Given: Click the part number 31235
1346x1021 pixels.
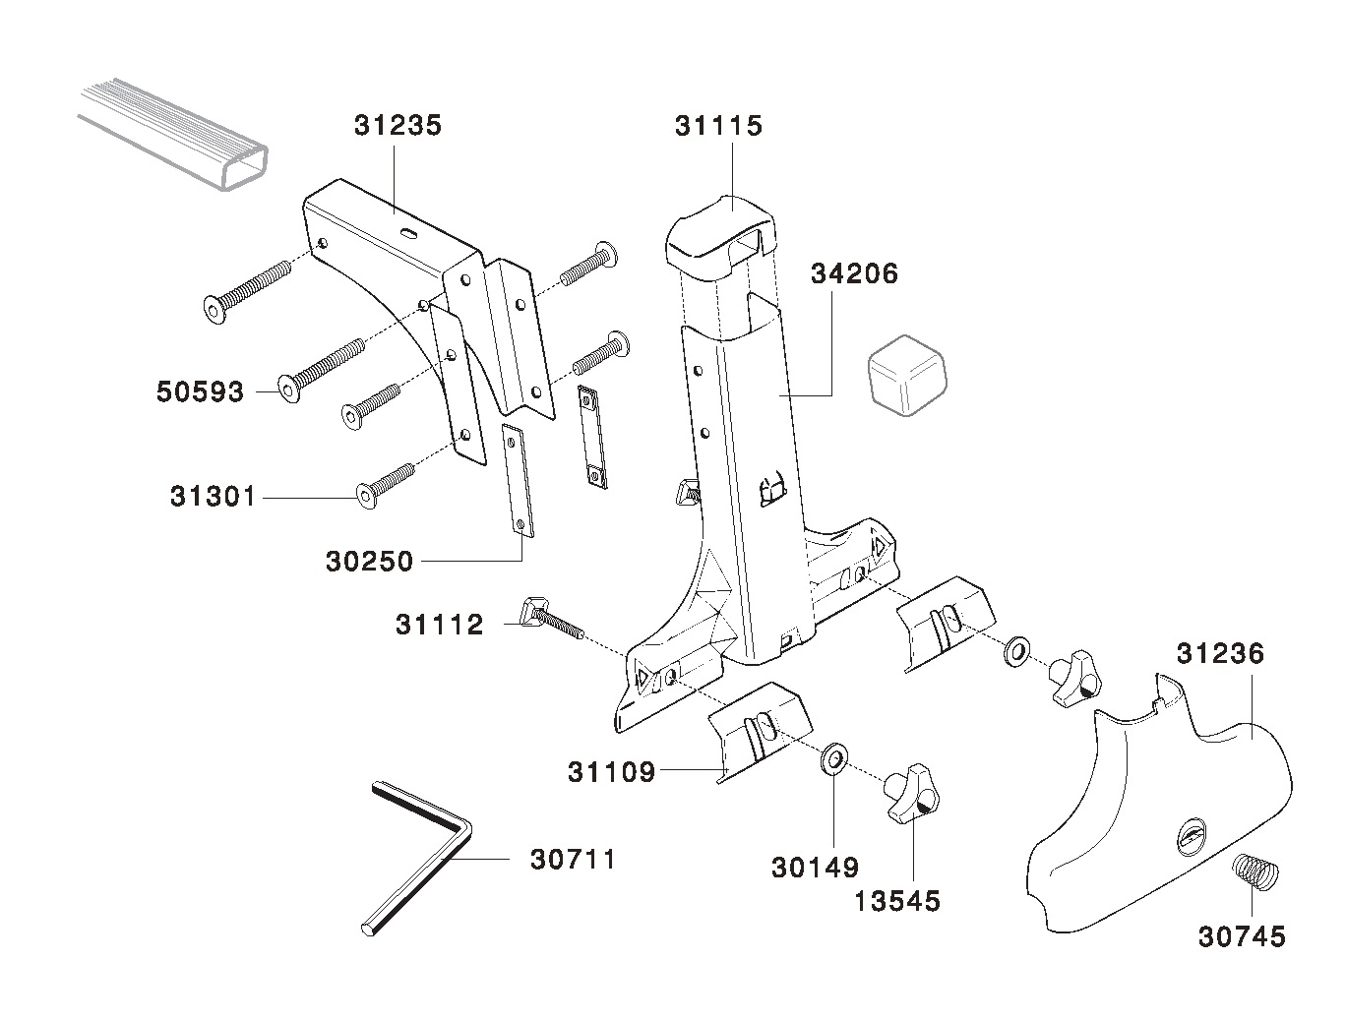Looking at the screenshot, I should coord(398,126).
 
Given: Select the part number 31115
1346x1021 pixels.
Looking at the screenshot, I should coord(718,126).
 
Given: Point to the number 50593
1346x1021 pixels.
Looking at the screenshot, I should coord(200,391).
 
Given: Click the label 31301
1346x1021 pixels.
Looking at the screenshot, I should coord(213,497).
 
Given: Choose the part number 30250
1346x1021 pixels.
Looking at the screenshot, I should coord(369,562).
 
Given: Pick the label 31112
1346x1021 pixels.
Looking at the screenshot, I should coord(439,625).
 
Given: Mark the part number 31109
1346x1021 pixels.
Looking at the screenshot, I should coord(610,772).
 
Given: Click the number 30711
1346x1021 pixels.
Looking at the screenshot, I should coord(573,860).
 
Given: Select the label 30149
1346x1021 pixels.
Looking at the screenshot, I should coord(815,868).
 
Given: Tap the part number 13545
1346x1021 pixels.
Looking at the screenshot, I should coord(896,900).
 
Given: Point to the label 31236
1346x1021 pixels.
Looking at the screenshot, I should coord(1220,653).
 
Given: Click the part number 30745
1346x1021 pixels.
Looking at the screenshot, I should coord(1241,936).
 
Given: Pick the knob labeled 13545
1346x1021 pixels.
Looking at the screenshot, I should coord(909,793).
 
